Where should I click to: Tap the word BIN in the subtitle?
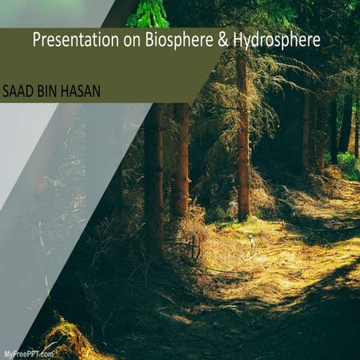pyautogui.click(x=49, y=91)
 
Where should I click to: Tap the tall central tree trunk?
pyautogui.click(x=242, y=142)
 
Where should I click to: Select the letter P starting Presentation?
pyautogui.click(x=37, y=40)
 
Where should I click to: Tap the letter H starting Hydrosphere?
pyautogui.click(x=238, y=40)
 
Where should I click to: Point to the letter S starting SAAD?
pyautogui.click(x=7, y=91)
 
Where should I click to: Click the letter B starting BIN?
pyautogui.click(x=42, y=91)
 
